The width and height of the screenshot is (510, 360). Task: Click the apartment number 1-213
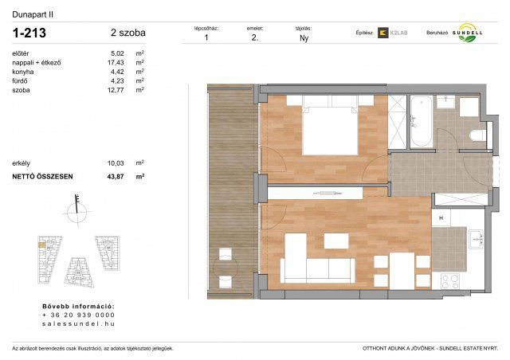(x=29, y=33)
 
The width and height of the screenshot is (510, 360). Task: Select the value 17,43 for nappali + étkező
(x=116, y=62)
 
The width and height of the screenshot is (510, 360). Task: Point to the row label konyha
(x=22, y=72)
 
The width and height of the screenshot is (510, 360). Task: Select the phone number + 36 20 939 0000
(x=78, y=315)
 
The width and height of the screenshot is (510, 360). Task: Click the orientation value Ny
(x=304, y=38)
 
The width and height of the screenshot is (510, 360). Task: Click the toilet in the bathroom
(x=477, y=136)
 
